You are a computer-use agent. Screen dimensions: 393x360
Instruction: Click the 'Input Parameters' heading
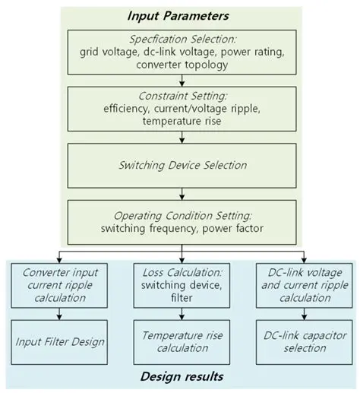coord(180,16)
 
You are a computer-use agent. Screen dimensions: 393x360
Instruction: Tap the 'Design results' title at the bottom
coord(180,378)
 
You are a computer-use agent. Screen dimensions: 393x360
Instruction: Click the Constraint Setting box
coord(180,108)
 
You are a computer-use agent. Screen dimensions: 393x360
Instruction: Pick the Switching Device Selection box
coord(180,165)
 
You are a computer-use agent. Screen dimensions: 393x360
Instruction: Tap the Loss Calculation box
coord(181,284)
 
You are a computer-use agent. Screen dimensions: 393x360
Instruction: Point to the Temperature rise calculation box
coord(181,341)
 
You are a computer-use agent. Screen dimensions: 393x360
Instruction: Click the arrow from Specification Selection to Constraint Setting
coord(180,81)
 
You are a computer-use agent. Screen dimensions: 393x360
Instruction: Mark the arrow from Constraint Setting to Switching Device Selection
coord(180,137)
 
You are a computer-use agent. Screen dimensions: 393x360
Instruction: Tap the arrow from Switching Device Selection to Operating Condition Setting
coord(180,193)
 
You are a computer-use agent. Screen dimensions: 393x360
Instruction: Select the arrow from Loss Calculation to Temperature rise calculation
coord(181,313)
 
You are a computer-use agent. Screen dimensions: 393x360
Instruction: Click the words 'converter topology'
coord(180,65)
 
